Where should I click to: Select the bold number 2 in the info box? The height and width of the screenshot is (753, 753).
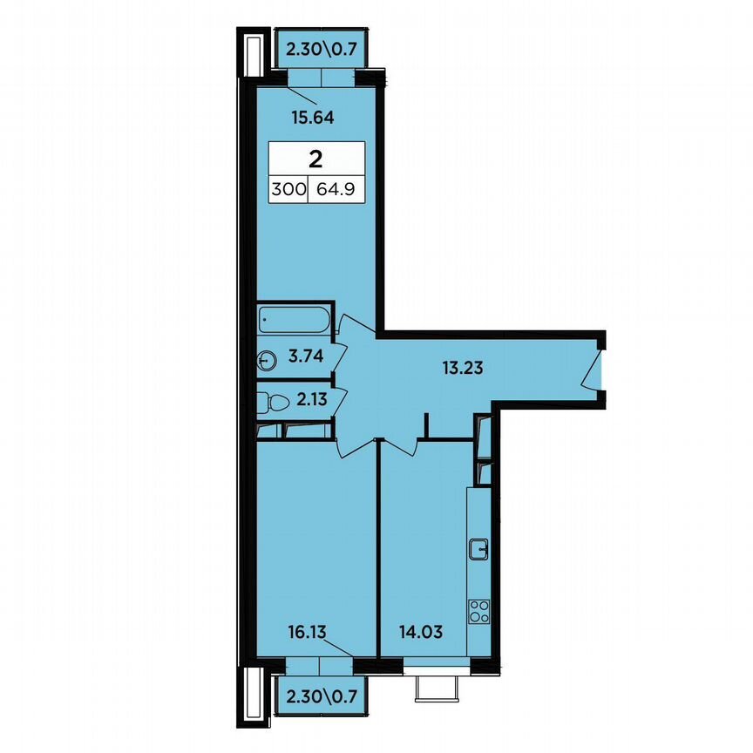pyautogui.click(x=315, y=159)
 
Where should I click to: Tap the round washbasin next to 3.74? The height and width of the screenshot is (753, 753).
pyautogui.click(x=267, y=358)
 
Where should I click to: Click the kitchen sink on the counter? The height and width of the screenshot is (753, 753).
pyautogui.click(x=478, y=548)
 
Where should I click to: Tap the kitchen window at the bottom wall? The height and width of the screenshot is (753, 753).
pyautogui.click(x=437, y=669)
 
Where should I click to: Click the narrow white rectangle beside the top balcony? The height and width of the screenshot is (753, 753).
pyautogui.click(x=252, y=53)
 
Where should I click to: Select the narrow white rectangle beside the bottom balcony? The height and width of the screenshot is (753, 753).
pyautogui.click(x=252, y=694)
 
